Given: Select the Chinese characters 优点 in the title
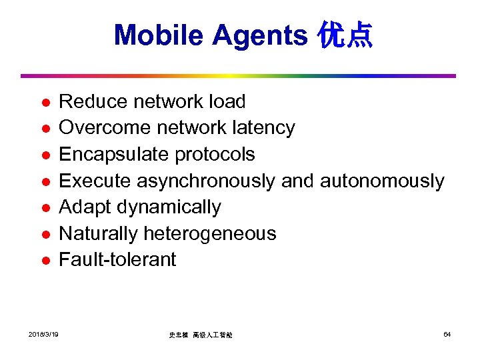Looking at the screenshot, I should coord(345,35).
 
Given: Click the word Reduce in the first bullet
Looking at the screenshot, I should coord(93,102).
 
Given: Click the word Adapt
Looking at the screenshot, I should coord(85,207).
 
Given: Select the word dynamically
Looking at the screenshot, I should coord(169,207).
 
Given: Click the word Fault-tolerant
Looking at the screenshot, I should coord(117,259).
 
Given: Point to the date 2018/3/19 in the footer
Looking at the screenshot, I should coord(43,334).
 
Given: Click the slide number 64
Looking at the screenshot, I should coord(447,334).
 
